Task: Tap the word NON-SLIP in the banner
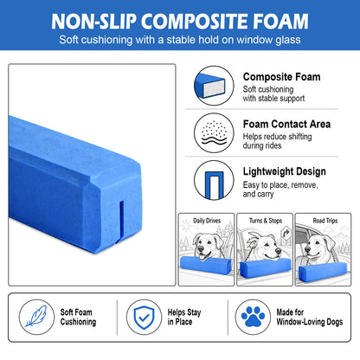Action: coord(93,22)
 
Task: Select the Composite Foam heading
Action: coord(281,77)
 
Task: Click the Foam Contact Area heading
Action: coord(286,125)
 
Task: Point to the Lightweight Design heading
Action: coord(285,171)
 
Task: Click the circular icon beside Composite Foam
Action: coord(214,86)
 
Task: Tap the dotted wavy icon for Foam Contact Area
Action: coord(214,133)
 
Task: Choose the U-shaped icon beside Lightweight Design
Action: coord(214,180)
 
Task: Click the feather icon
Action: coord(36,317)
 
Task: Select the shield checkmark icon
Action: coord(144,317)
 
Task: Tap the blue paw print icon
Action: coord(253,317)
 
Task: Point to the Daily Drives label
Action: coord(207,221)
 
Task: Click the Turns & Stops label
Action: coord(266,221)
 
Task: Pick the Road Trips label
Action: coord(325,221)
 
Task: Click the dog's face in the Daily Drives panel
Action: coord(207,245)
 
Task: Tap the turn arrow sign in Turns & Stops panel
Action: coord(286,232)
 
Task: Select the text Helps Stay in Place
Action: coord(184,317)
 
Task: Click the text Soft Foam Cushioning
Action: coord(78,317)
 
